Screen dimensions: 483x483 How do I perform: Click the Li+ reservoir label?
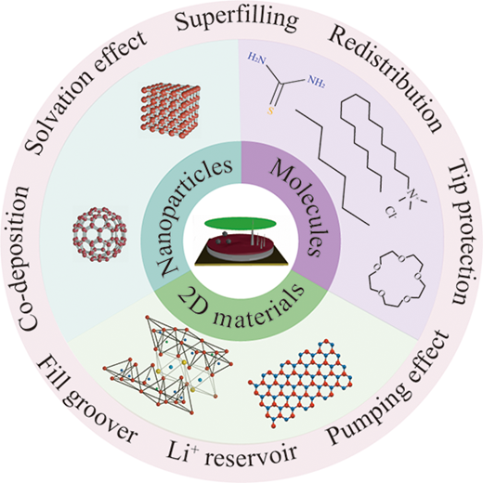pos(231,454)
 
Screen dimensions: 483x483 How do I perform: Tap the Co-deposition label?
pos(24,258)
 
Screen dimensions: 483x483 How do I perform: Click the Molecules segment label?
pos(295,208)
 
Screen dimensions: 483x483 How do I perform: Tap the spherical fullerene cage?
pos(99,234)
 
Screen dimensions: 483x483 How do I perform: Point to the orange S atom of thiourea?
pos(270,111)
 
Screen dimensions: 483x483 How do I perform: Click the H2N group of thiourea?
pos(256,58)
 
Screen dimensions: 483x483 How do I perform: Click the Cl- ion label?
pos(391,212)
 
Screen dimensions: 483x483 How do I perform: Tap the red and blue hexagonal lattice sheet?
pos(300,383)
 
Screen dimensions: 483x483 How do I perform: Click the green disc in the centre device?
pos(240,224)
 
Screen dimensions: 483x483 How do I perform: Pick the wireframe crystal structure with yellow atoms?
pos(168,365)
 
